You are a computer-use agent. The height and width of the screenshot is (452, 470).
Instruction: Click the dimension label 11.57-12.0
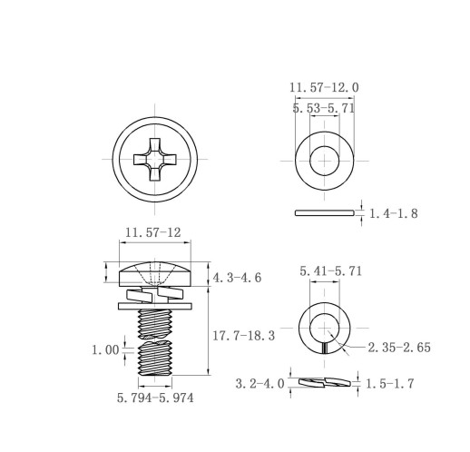324,88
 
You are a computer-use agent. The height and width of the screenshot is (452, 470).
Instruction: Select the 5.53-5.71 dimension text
324,108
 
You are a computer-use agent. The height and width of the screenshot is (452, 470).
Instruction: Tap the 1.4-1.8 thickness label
394,213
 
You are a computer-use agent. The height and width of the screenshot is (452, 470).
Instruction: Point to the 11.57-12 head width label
153,232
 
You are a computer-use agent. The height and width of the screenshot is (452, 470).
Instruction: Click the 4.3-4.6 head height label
237,278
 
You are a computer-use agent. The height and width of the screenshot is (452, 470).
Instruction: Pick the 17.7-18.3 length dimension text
244,336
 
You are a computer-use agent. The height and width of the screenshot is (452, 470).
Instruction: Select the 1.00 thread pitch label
105,350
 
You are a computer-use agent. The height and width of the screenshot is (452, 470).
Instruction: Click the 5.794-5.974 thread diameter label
155,398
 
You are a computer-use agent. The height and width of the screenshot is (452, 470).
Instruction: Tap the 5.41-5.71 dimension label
331,271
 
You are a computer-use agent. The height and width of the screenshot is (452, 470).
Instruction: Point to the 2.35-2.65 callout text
399,348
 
